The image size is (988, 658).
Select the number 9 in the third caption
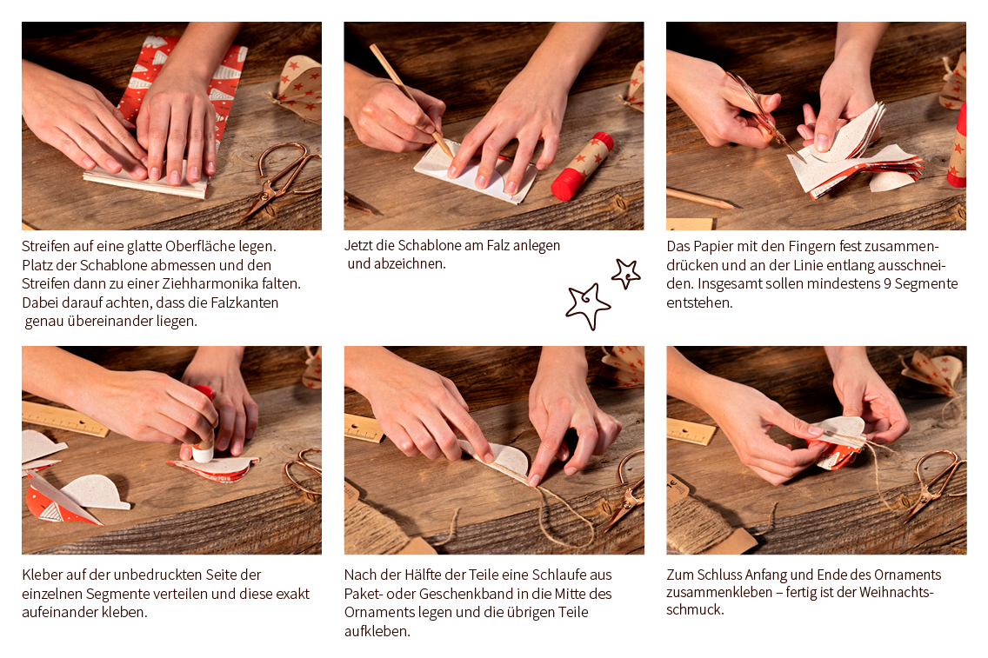click(x=887, y=284)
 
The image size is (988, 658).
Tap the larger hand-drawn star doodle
click(x=588, y=306)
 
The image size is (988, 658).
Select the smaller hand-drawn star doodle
click(x=625, y=274)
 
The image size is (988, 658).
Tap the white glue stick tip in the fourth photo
click(x=203, y=452)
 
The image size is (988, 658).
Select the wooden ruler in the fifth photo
click(x=364, y=429)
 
